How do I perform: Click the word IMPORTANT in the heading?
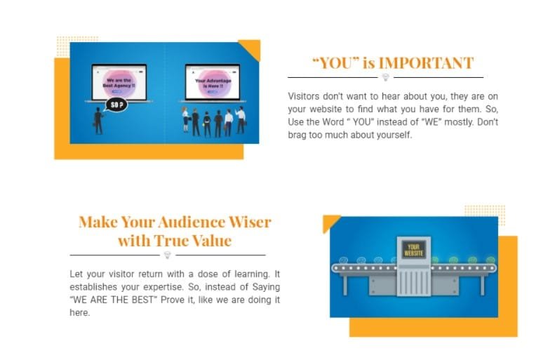coord(426,63)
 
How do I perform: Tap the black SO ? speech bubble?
coord(116,105)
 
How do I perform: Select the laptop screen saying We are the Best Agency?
coord(119,82)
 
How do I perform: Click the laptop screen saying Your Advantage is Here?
coord(213,83)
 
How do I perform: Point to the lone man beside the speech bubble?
coord(98,121)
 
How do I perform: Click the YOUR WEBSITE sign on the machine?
coord(413,250)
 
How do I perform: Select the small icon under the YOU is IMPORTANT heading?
coord(385,77)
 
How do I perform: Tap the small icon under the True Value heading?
coord(168,255)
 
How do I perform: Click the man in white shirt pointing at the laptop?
coord(241,120)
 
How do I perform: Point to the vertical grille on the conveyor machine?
coord(413,283)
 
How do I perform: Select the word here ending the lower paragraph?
coord(80,313)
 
